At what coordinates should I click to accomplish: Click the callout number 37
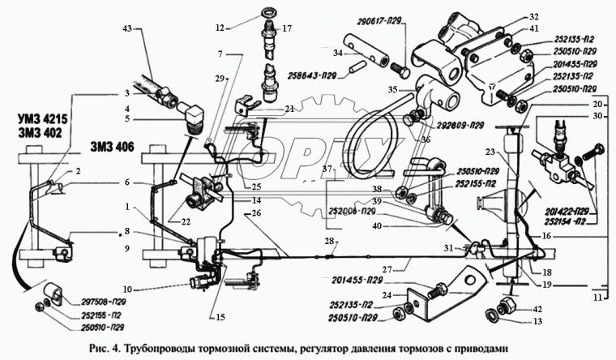pos(327,169)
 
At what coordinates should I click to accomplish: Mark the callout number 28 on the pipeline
pos(329,242)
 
